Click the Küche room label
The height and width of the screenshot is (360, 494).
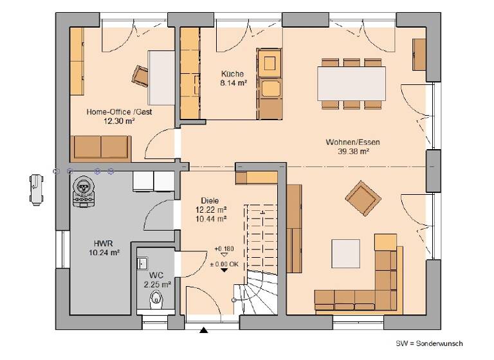click(x=232, y=74)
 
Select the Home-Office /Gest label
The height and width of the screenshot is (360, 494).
click(x=119, y=111)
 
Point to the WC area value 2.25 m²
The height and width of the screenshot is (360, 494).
click(x=157, y=283)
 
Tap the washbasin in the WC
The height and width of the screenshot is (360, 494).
click(x=142, y=263)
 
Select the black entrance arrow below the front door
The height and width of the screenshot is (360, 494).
click(x=205, y=331)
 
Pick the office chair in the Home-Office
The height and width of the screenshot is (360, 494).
click(x=141, y=75)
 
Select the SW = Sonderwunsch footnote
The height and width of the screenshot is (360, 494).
click(x=429, y=344)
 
